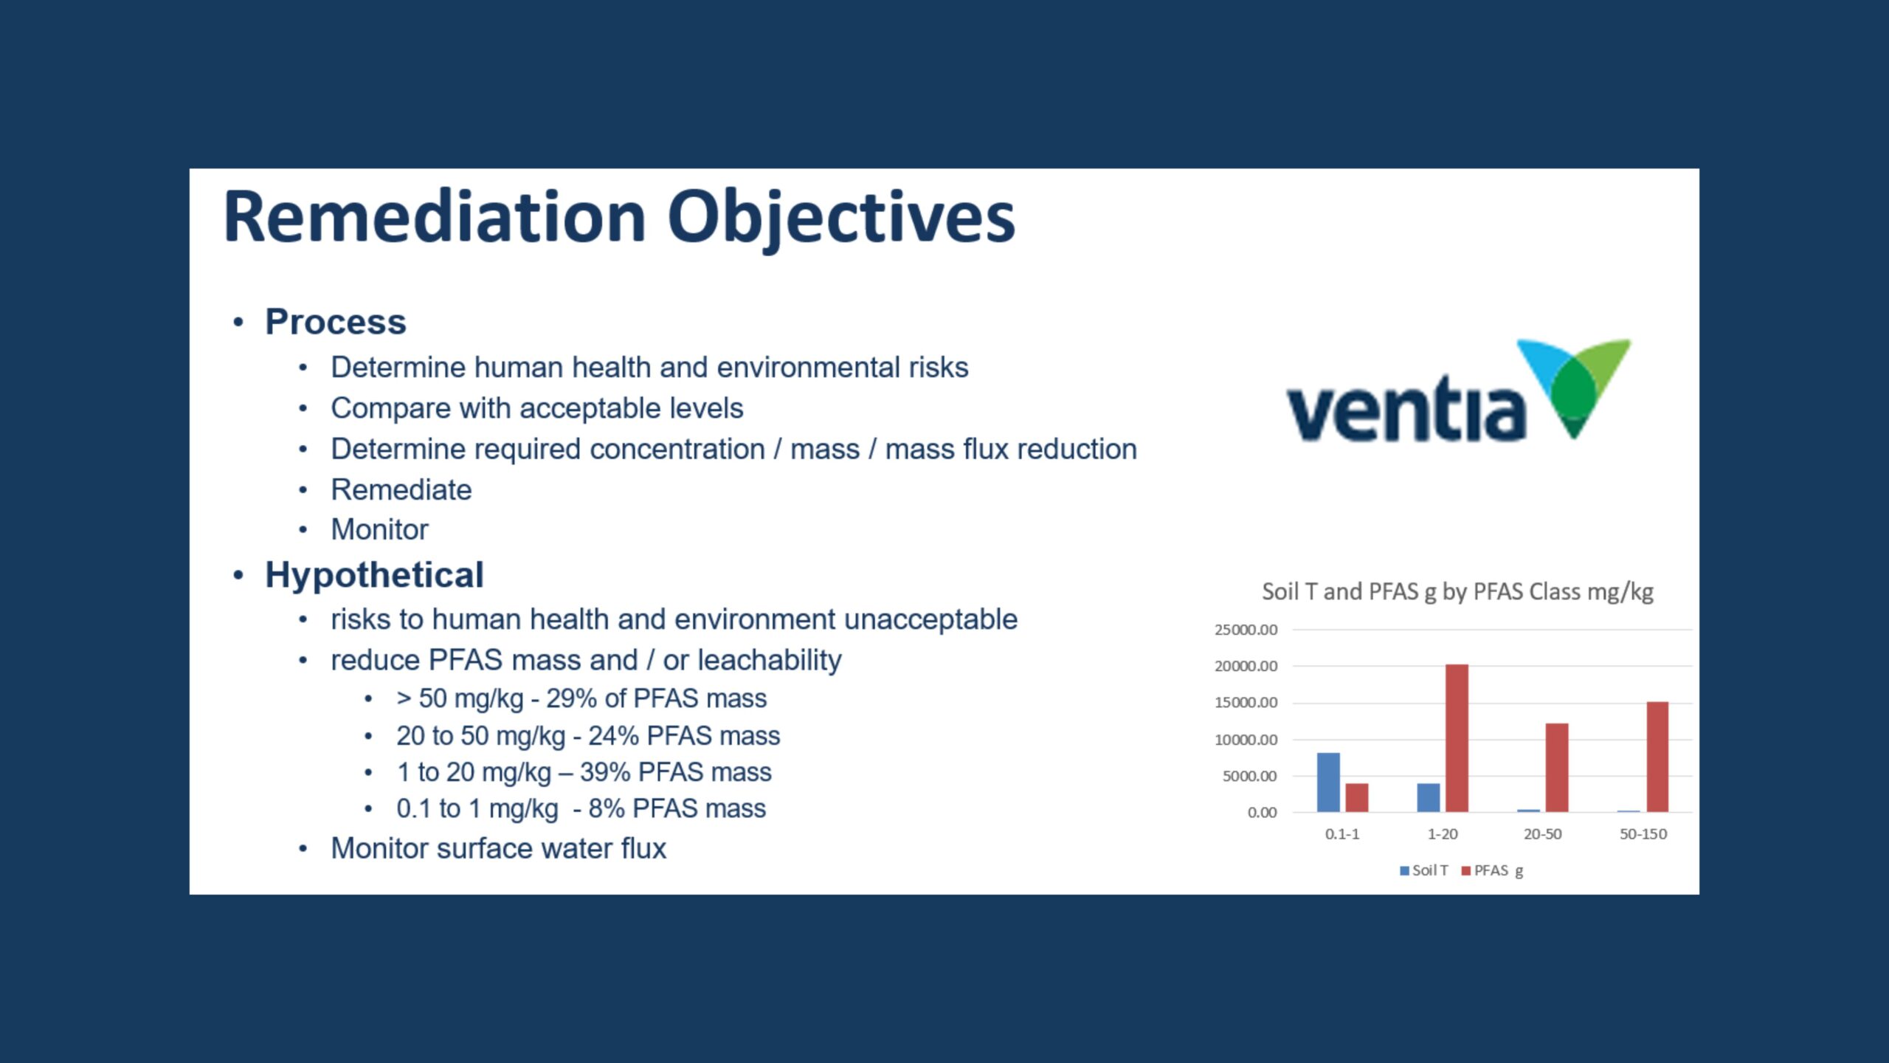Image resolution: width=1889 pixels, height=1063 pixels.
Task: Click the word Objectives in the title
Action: [841, 217]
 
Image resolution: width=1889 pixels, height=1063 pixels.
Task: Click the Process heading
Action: [335, 322]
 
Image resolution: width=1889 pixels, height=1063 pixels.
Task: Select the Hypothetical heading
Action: [374, 575]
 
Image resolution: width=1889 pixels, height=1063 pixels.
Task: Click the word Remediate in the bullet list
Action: [401, 489]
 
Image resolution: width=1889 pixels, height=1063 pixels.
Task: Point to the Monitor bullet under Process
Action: [379, 529]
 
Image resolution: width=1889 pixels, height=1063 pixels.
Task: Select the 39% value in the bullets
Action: [605, 772]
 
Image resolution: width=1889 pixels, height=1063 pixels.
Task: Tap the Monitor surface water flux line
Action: [498, 849]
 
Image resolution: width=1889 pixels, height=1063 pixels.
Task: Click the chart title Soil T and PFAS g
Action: [1457, 591]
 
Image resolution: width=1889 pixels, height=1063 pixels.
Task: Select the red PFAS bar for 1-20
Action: [1457, 738]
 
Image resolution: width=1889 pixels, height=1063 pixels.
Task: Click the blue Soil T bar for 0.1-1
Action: [1328, 782]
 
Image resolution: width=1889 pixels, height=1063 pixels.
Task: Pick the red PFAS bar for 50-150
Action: [1657, 757]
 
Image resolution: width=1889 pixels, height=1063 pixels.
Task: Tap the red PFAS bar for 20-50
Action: [1557, 768]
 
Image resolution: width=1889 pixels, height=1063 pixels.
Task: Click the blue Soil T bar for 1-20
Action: [1429, 797]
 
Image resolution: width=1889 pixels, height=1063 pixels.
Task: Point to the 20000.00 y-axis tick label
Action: [1246, 666]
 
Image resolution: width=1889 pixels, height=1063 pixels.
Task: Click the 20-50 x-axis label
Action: [1542, 834]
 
